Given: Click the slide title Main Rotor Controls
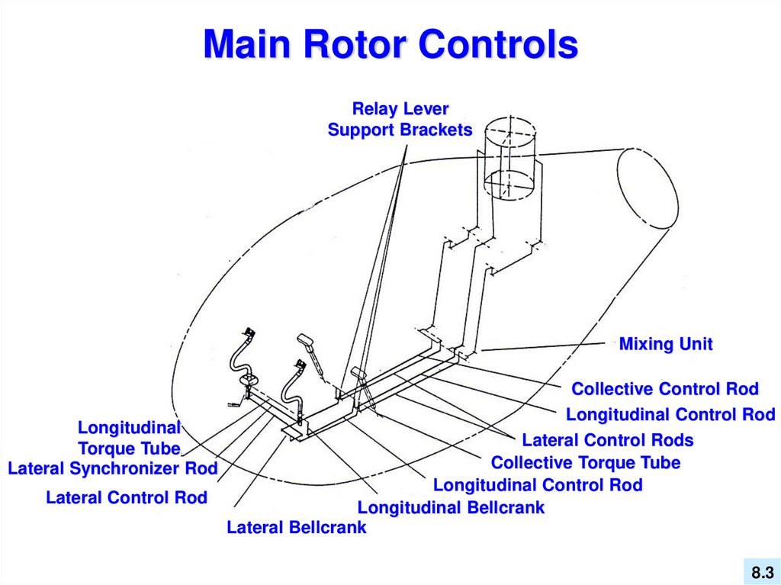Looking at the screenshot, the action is (x=390, y=43).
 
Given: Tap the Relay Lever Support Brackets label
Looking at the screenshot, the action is (x=400, y=119).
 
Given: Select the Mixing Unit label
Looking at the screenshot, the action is (x=665, y=344).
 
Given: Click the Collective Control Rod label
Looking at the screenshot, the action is (x=665, y=389).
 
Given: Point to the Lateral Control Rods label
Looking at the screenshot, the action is (x=608, y=440).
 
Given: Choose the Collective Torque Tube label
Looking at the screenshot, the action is (x=585, y=462).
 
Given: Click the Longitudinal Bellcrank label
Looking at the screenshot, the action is (x=452, y=507).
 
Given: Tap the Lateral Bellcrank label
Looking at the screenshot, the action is (x=297, y=527).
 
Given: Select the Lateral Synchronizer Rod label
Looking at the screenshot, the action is (x=113, y=468).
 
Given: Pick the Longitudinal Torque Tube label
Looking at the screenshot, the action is (x=130, y=438).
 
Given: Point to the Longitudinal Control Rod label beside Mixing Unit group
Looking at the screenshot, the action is (x=670, y=415).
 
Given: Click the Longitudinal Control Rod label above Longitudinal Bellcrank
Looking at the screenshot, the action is (x=538, y=485).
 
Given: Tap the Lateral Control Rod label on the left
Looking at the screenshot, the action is (x=127, y=497).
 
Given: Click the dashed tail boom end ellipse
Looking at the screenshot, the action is (x=648, y=188).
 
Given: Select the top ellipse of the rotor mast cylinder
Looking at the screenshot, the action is (x=510, y=132).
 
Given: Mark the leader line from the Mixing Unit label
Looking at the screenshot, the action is (x=543, y=347).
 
